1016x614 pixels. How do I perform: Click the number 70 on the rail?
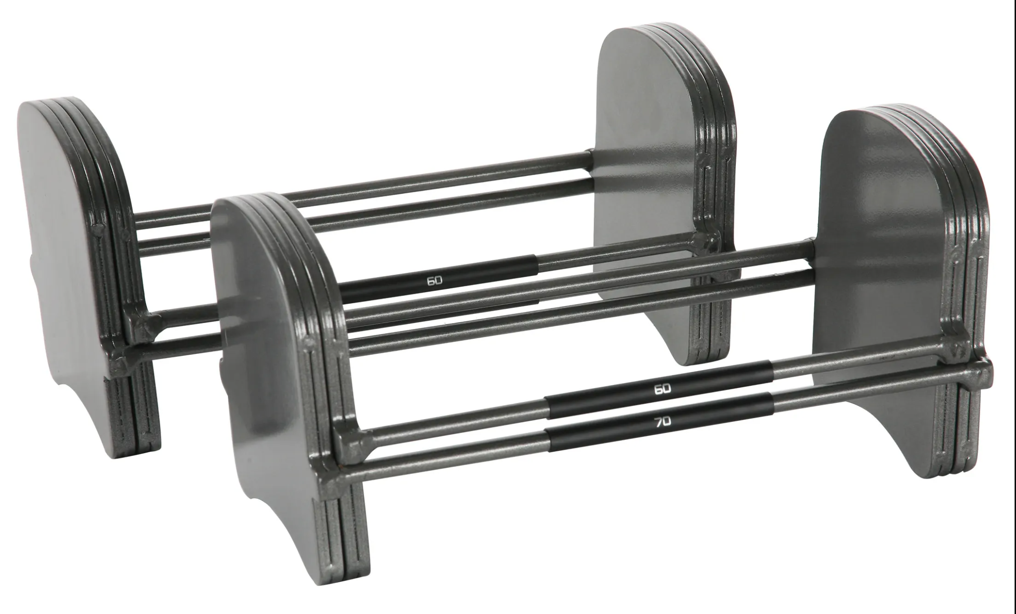click(x=663, y=422)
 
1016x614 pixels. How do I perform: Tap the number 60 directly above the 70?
click(x=663, y=389)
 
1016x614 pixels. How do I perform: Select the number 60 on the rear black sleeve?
click(x=434, y=280)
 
